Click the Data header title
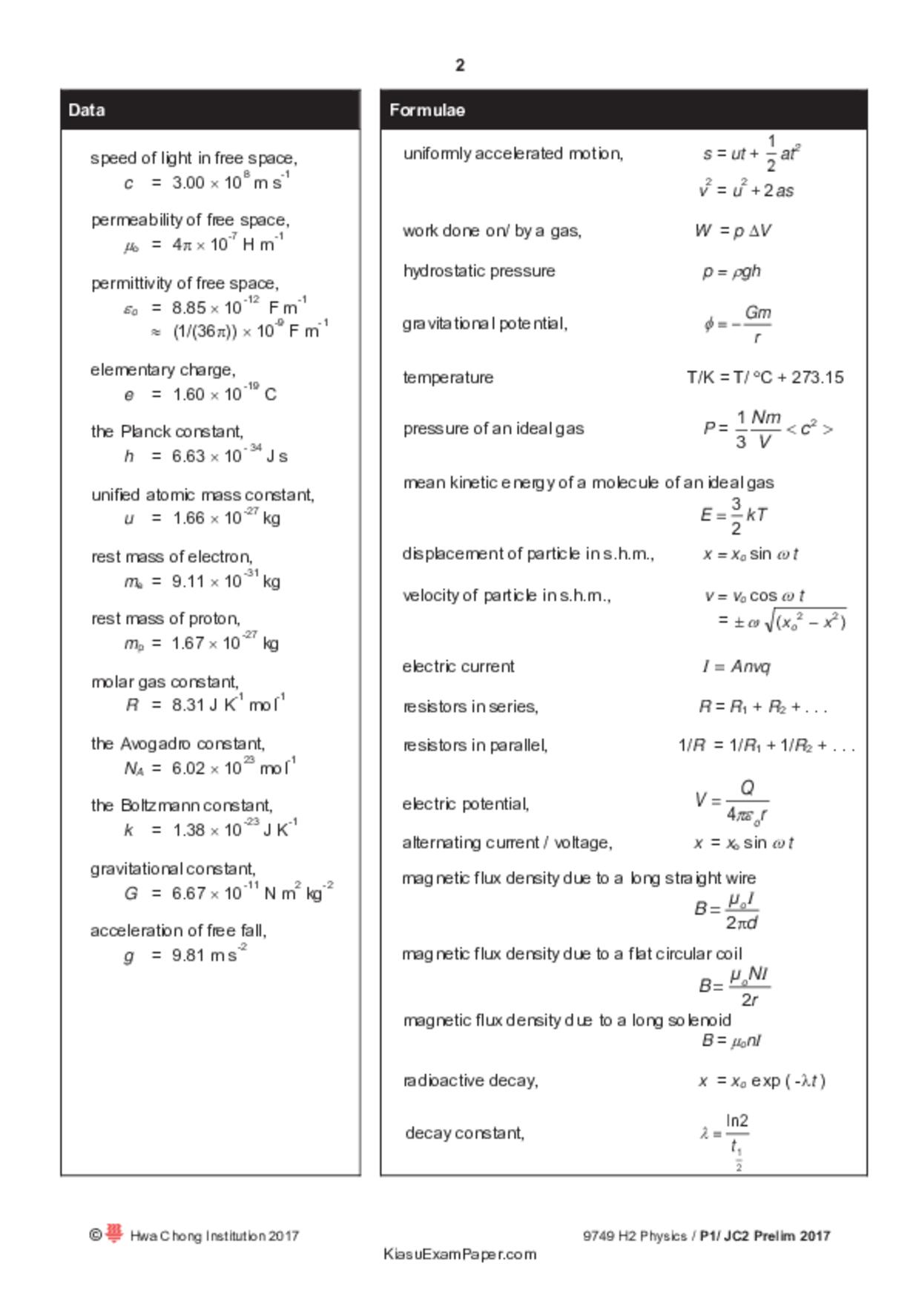(x=87, y=111)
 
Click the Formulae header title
(x=427, y=111)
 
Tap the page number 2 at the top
(x=460, y=65)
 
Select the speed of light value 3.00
(x=188, y=183)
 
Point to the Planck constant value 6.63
(x=188, y=456)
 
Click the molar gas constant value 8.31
(x=188, y=705)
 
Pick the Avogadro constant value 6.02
(x=188, y=768)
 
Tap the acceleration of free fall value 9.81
(x=188, y=955)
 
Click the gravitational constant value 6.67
(x=188, y=894)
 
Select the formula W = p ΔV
(x=733, y=231)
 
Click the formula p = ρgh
(x=731, y=271)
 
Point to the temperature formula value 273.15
(x=817, y=378)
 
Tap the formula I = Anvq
(x=736, y=667)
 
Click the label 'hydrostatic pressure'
(x=479, y=271)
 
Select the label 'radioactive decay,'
(x=470, y=1081)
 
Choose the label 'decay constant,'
(x=465, y=1133)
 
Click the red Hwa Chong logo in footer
(x=113, y=1234)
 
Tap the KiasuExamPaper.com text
(x=460, y=1254)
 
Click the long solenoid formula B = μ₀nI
(x=731, y=1041)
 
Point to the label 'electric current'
(x=458, y=667)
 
